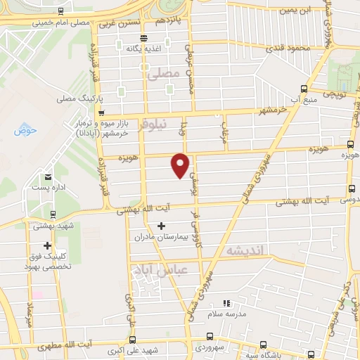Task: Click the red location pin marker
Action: (181, 165)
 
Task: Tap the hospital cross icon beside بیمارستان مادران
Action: (162, 226)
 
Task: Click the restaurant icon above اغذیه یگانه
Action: (143, 38)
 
